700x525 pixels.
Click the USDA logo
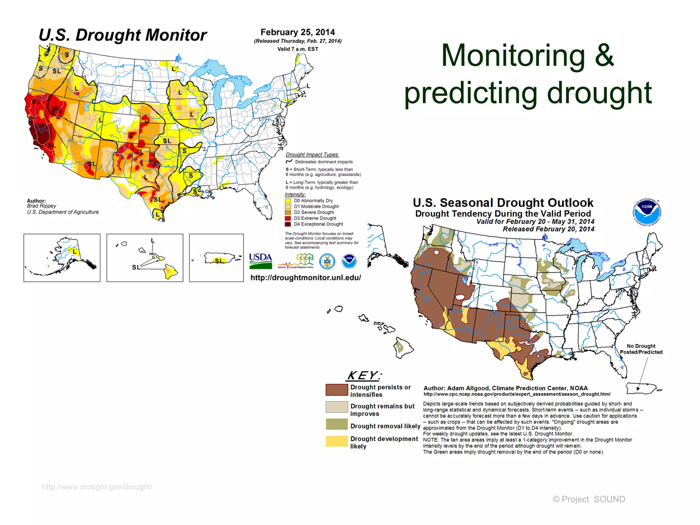point(260,260)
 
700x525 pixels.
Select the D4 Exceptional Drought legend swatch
point(288,224)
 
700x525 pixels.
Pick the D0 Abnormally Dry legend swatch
point(288,201)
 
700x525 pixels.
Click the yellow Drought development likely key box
point(336,441)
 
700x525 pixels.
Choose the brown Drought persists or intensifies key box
point(336,390)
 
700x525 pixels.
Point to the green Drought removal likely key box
point(336,424)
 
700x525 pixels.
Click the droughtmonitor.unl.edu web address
point(306,278)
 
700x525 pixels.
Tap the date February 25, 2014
point(297,32)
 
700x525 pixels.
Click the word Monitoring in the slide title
point(513,55)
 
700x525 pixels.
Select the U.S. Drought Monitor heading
point(123,35)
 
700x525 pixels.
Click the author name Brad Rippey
point(41,206)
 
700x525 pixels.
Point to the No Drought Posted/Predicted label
point(641,349)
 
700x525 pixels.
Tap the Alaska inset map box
point(62,258)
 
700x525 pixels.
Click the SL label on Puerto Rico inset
point(218,261)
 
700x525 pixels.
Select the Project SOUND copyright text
point(589,499)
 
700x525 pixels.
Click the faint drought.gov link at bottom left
point(97,487)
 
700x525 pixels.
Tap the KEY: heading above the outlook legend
point(364,376)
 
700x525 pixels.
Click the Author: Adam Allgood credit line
point(505,388)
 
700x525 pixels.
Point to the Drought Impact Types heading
point(312,154)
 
